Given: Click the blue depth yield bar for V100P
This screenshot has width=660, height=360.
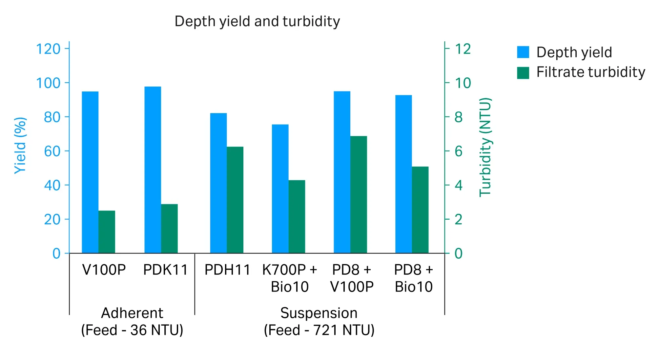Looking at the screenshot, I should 90,172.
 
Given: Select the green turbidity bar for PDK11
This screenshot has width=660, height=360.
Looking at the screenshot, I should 169,229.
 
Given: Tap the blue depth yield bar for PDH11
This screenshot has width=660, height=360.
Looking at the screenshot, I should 218,183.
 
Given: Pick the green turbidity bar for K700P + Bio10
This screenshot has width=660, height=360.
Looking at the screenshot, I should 297,216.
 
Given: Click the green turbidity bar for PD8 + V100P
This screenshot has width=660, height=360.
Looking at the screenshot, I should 359,194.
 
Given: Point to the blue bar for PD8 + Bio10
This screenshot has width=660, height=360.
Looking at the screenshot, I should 403,174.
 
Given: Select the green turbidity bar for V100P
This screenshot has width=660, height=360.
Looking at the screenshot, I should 107,232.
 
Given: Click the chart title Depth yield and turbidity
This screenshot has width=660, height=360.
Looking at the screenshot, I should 257,21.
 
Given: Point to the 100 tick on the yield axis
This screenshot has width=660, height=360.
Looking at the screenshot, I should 48,83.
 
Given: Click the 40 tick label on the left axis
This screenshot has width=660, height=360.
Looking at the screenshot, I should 52,185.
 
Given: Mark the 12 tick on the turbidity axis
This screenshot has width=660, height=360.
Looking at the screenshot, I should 463,49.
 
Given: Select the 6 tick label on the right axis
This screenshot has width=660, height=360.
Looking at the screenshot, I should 458,151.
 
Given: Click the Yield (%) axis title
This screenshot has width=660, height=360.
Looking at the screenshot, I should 20,145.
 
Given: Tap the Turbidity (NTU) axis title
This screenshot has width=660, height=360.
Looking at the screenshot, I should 485,147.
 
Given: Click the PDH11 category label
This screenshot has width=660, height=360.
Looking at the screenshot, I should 227,270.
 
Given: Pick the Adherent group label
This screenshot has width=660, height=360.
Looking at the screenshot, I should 132,313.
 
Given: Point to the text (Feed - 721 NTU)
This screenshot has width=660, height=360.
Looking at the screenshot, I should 319,330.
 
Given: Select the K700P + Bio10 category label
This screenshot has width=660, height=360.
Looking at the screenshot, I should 290,278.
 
